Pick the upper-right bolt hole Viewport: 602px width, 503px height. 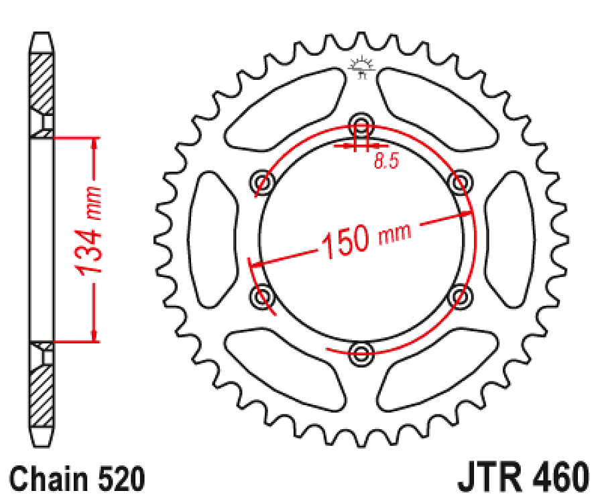[x=461, y=182]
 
